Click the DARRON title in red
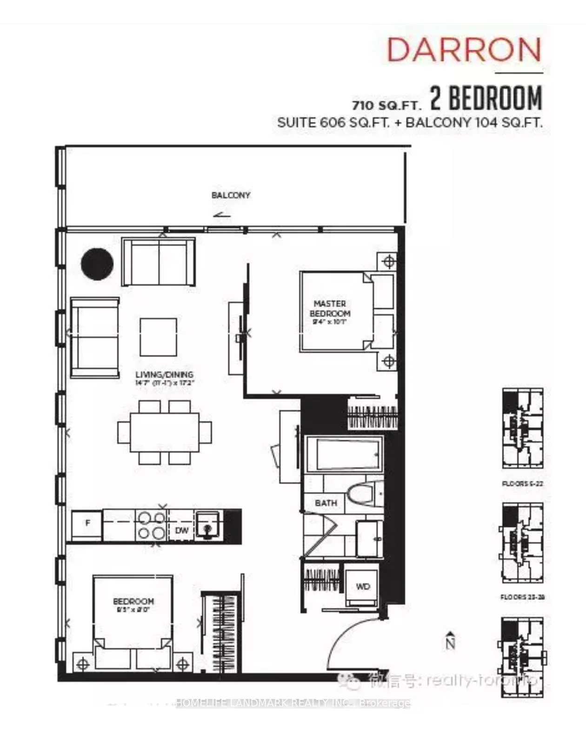[x=464, y=50]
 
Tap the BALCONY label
[x=231, y=195]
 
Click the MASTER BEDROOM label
[x=330, y=308]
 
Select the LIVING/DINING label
[x=164, y=374]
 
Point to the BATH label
[x=326, y=503]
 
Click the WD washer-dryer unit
[x=362, y=587]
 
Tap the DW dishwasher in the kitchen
[x=181, y=530]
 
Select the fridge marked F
[x=87, y=523]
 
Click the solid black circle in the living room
[x=97, y=264]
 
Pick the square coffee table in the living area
[x=158, y=337]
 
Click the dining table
[x=165, y=432]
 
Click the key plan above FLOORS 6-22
[x=522, y=428]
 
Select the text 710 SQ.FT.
[x=386, y=104]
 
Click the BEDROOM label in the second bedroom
[x=133, y=601]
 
